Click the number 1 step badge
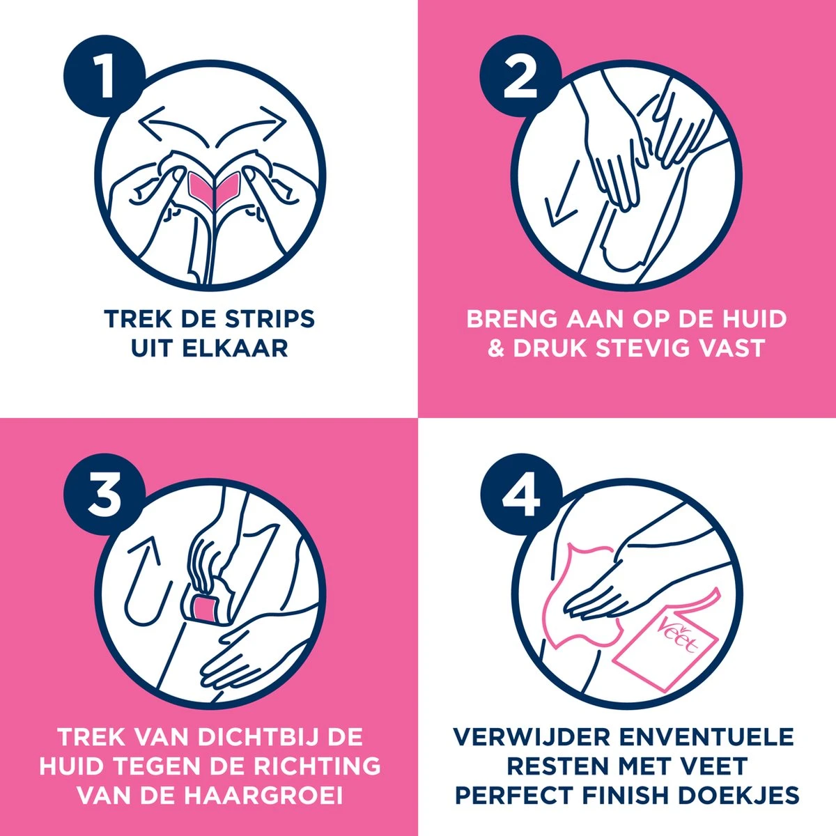[x=104, y=76]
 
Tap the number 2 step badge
[x=521, y=76]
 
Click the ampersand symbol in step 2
[x=496, y=348]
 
